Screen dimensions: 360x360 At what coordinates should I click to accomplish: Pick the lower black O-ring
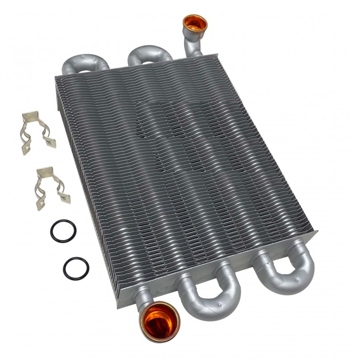pyautogui.click(x=76, y=268)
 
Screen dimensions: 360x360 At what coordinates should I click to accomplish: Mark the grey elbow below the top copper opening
pyautogui.click(x=191, y=45)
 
